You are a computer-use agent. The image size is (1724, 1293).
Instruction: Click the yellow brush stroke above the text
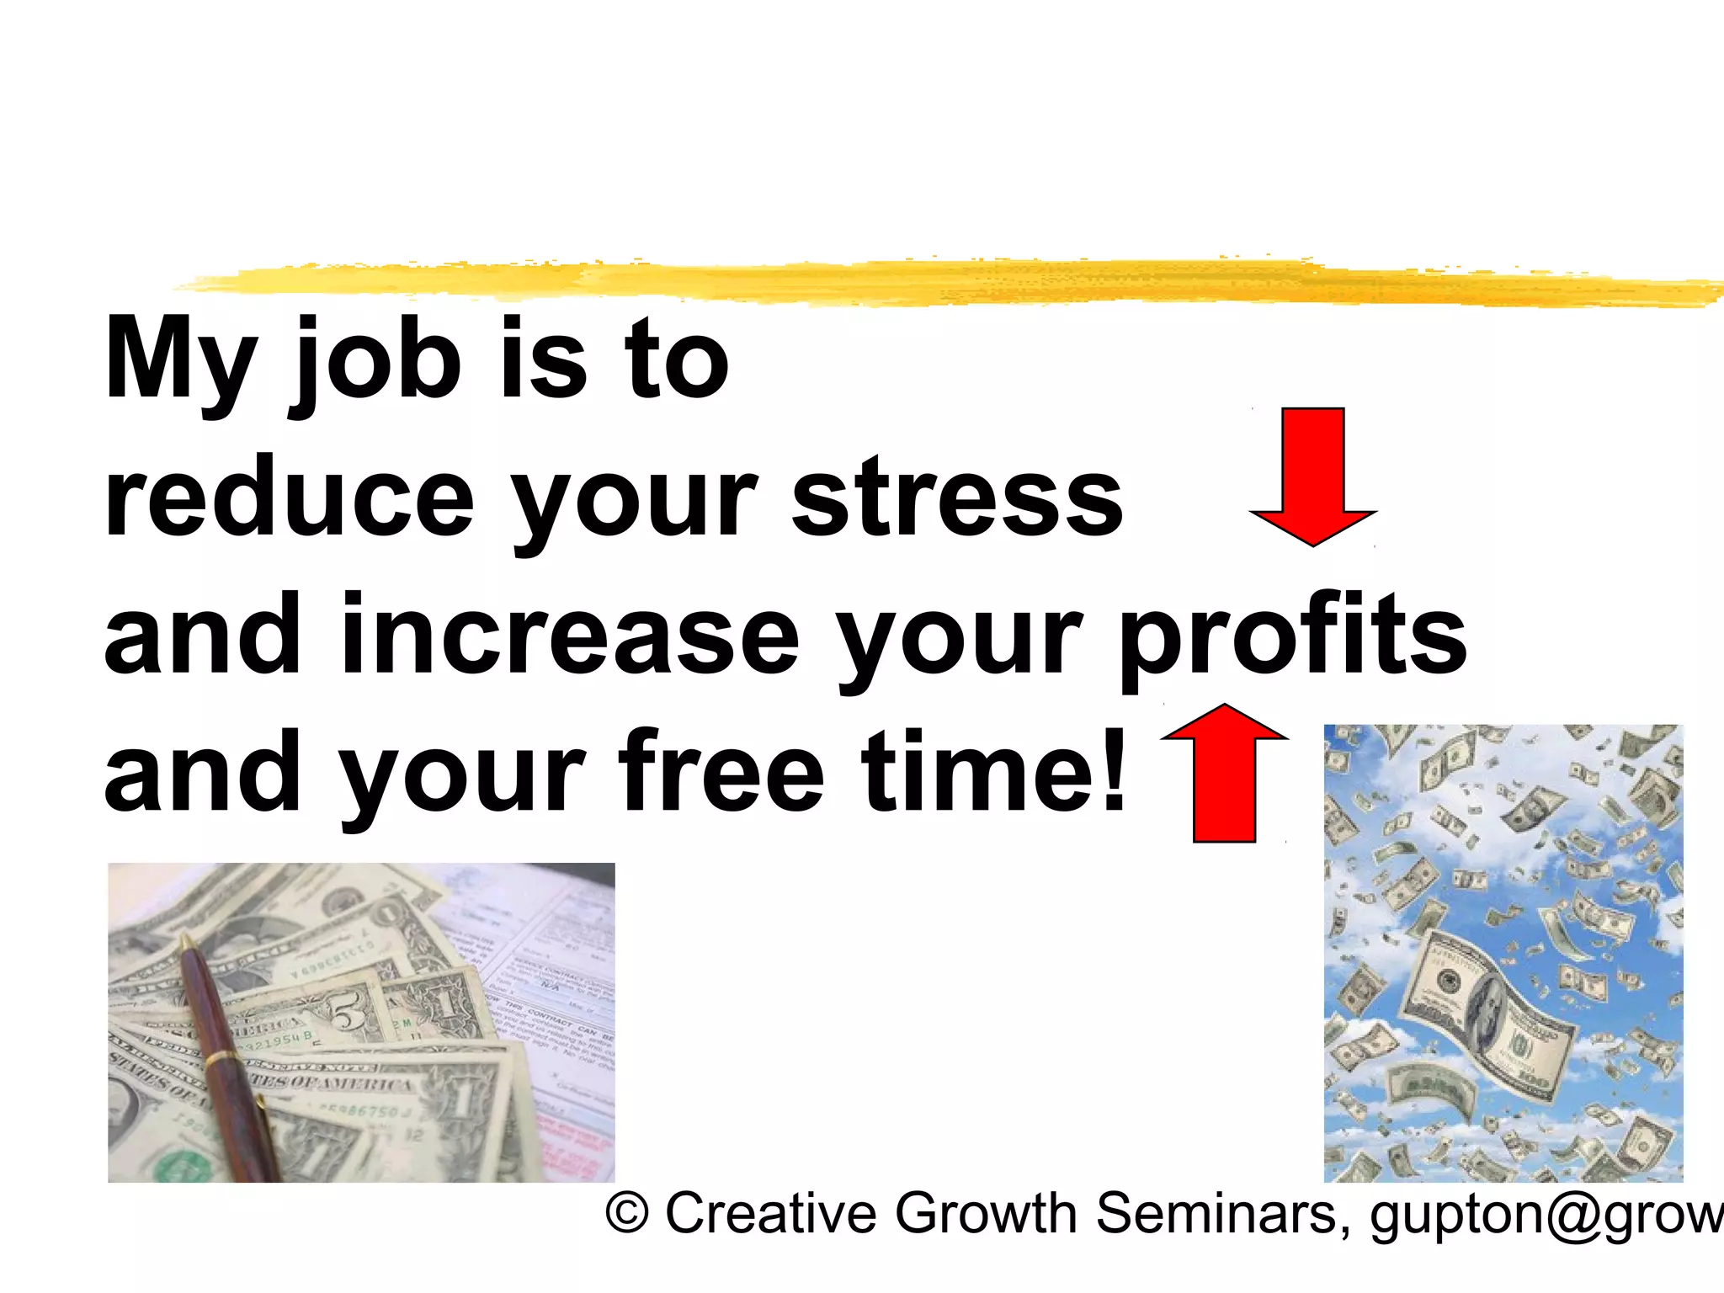click(x=926, y=282)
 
